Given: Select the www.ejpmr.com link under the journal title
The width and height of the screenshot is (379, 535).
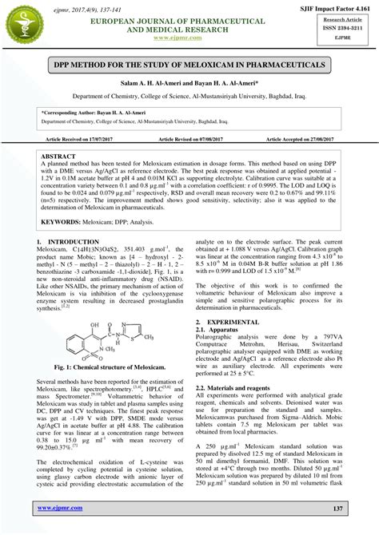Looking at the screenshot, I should [x=189, y=38].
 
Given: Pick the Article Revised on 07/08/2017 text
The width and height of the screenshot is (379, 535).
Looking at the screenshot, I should [x=189, y=139].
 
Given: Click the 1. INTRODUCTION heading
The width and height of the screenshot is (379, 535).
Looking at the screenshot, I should [x=69, y=240].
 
